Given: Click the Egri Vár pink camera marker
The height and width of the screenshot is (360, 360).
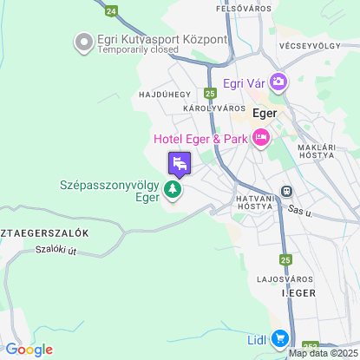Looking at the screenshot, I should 278,83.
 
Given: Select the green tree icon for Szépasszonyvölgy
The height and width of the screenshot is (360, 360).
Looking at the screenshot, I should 173,189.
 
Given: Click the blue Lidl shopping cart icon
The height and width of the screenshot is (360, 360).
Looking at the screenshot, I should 279,339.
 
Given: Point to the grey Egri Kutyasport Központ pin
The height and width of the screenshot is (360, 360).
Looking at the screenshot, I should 84,41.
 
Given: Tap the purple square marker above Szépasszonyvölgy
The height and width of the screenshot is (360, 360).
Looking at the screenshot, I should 180,162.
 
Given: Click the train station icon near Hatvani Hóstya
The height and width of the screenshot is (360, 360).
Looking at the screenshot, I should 286,192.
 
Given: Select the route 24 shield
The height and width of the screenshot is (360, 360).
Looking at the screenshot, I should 110,10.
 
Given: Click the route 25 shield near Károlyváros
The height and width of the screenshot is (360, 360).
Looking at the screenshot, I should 210,93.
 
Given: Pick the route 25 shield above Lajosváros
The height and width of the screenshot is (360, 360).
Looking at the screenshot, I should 286,259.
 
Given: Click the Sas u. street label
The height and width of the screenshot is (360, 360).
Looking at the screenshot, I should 299,211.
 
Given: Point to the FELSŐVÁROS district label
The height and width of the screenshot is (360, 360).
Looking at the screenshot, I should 244,9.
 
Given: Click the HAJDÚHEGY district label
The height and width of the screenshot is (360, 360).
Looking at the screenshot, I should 164,93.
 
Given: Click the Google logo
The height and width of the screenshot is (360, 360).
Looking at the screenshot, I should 29,350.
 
